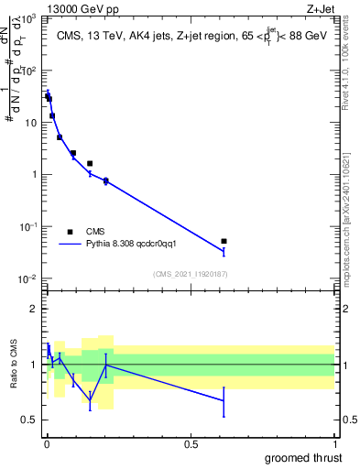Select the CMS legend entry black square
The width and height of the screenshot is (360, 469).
(70, 232)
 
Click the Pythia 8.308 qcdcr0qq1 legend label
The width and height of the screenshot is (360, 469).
(137, 245)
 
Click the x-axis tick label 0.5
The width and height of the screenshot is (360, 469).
(191, 443)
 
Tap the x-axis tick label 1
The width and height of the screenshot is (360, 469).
(334, 443)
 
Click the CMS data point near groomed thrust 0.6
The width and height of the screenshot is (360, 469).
(224, 241)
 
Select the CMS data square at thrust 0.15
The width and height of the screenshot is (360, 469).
(90, 163)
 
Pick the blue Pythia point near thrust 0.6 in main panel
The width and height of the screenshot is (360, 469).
(224, 251)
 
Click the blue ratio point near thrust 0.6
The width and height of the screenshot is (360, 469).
(224, 400)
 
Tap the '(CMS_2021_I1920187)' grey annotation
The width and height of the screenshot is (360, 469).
(191, 274)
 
